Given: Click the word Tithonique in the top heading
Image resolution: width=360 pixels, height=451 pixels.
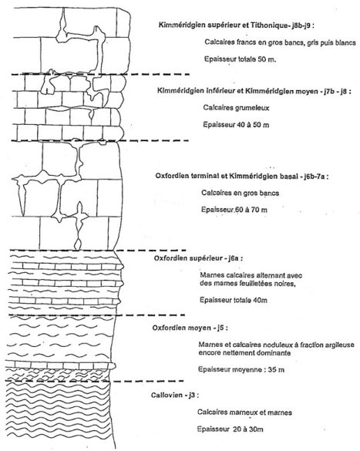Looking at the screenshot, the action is pyautogui.click(x=268, y=25).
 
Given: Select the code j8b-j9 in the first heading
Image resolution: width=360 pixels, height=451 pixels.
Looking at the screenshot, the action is pyautogui.click(x=301, y=25).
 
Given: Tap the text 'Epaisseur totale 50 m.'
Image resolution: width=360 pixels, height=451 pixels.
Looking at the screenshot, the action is pyautogui.click(x=240, y=59).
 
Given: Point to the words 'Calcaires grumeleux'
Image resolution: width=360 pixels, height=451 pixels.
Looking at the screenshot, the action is pyautogui.click(x=236, y=108).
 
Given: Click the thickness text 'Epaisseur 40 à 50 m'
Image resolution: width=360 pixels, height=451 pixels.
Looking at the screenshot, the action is pyautogui.click(x=236, y=125).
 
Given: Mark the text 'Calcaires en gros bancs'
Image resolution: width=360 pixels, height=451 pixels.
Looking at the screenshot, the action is pyautogui.click(x=240, y=193).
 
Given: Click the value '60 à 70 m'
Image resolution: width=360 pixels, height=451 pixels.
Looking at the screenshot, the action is pyautogui.click(x=251, y=210).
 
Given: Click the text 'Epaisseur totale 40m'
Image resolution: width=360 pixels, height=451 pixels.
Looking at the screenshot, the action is pyautogui.click(x=234, y=301).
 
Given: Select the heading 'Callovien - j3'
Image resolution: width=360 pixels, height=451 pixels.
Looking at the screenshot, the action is pyautogui.click(x=173, y=395).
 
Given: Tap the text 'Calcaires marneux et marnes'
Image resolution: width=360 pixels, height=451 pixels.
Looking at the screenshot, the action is pyautogui.click(x=244, y=412).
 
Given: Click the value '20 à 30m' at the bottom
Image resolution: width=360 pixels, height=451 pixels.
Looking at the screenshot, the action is pyautogui.click(x=248, y=429).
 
